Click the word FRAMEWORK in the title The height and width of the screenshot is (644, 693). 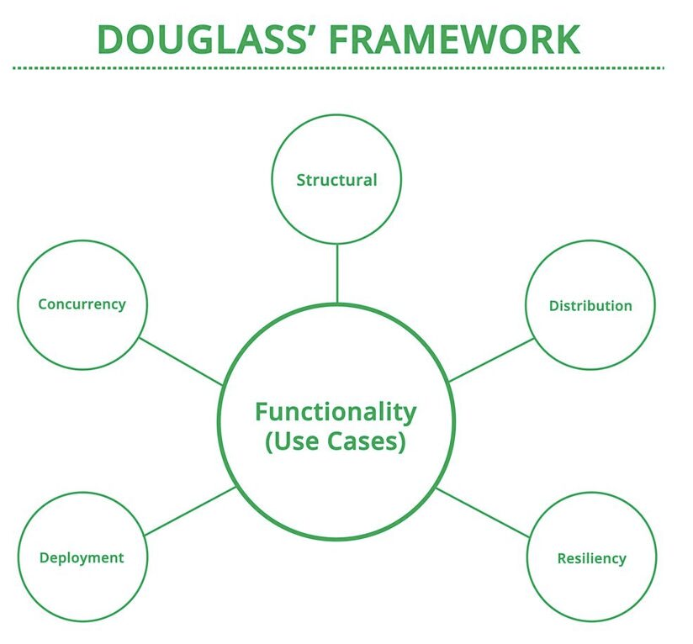click(454, 40)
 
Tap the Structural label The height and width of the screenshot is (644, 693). click(336, 180)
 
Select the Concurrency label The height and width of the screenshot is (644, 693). click(82, 305)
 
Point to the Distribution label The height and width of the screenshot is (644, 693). click(590, 306)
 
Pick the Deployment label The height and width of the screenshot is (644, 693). click(82, 558)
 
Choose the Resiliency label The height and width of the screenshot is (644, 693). click(592, 559)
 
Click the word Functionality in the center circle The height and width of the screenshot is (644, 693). click(336, 412)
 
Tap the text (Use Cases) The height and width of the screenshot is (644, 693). click(336, 441)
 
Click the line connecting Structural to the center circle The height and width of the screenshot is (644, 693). click(337, 273)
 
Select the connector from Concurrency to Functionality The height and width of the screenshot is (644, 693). click(181, 362)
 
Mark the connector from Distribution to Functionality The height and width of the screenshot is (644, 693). click(491, 360)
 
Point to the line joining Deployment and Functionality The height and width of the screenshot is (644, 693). click(190, 511)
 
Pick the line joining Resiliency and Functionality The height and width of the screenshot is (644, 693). click(483, 513)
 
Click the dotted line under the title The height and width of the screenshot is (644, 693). click(339, 68)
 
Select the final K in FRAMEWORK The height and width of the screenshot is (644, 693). click(568, 40)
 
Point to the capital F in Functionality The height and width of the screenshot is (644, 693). click(262, 411)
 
